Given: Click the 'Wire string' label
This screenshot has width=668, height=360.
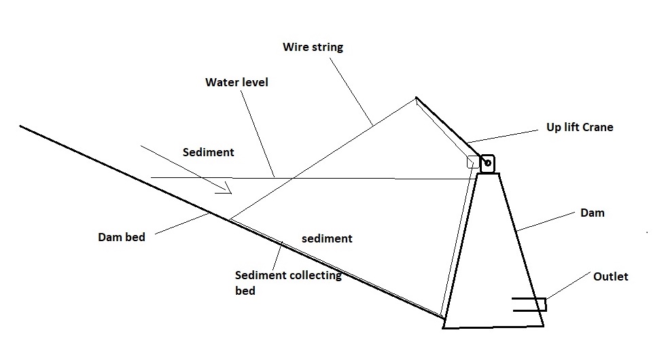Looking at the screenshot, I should click(313, 48).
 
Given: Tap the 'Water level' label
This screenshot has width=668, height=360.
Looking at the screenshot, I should click(236, 82).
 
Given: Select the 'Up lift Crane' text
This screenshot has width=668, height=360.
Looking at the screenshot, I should click(579, 127).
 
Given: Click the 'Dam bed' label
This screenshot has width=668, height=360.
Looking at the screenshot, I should click(122, 237).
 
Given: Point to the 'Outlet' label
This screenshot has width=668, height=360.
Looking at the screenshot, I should click(610, 276).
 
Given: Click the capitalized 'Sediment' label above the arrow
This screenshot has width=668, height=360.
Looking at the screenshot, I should click(208, 152).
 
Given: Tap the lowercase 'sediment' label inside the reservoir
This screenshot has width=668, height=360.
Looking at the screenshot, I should click(327, 238).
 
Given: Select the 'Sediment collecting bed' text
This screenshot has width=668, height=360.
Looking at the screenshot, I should click(287, 283).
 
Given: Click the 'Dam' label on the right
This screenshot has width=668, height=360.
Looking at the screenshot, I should click(592, 213).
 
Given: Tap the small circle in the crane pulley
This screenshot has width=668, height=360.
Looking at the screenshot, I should click(487, 162).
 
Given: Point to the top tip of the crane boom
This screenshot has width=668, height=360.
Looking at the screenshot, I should click(416, 98).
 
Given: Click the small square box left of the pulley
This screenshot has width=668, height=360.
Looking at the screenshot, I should click(472, 162).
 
